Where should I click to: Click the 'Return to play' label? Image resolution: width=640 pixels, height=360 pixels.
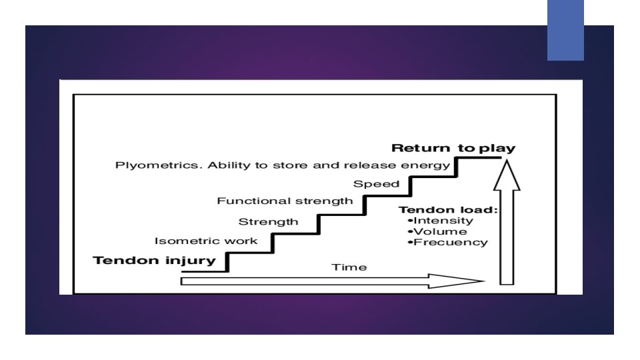(453, 148)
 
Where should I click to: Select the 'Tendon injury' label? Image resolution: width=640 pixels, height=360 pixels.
(155, 260)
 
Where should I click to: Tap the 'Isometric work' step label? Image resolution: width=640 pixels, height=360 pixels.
(205, 241)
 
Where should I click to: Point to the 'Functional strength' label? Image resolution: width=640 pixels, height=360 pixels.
(285, 201)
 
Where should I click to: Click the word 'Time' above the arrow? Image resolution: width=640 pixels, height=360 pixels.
(349, 267)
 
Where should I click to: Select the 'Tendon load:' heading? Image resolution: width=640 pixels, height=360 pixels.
(447, 209)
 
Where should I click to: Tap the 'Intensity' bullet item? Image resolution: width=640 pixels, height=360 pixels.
(443, 221)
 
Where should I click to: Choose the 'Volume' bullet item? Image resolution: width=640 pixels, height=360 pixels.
(440, 231)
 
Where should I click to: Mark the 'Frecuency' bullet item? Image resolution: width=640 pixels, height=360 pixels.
(449, 242)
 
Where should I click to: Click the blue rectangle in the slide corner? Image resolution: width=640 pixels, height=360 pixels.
(565, 30)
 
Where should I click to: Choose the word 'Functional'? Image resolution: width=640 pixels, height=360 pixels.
(254, 201)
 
